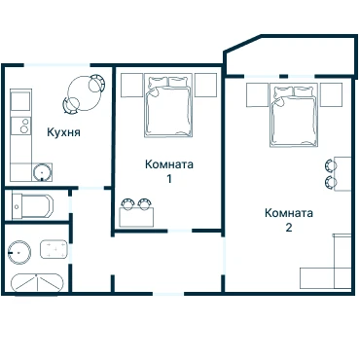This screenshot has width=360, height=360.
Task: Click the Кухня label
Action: pos(63,132)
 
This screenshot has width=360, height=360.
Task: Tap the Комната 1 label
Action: pos(169,171)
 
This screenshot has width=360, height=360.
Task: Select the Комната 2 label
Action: pos(289,220)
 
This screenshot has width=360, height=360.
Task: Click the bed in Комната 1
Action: pos(168,106)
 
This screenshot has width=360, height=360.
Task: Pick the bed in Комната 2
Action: pos(294,115)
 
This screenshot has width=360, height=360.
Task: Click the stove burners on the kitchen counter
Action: pos(24,126)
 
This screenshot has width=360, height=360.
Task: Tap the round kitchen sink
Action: pos(42,171)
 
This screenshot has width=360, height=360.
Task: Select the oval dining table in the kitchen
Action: pos(85,93)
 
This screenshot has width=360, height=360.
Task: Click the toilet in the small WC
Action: pos(32,206)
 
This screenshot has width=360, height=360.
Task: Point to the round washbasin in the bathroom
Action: pos(19,252)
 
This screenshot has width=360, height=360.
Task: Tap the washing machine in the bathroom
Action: pos(54,249)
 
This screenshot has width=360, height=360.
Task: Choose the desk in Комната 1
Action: pos(136,217)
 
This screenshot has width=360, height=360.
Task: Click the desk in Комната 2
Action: pos(342,174)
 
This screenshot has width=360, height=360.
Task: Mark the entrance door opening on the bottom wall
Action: pos(168,294)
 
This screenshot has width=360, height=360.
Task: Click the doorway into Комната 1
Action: pos(180,231)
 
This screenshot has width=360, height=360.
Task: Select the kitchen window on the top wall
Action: pos(57,65)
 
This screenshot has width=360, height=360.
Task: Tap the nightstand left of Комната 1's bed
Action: pos(132,85)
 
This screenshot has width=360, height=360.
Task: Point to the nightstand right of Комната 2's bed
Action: pos(332,95)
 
